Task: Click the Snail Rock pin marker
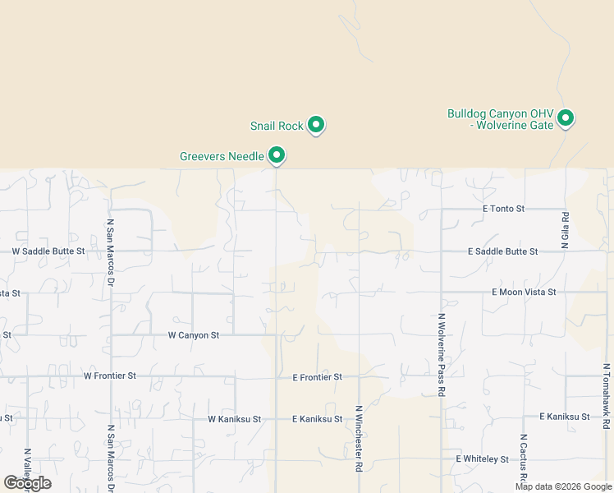[x=316, y=125]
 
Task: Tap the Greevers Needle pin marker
[x=277, y=154]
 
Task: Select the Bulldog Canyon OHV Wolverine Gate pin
[x=565, y=118]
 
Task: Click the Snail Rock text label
[x=277, y=127]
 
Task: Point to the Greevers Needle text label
[x=222, y=156]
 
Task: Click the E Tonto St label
[x=503, y=209]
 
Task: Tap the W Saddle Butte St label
[x=48, y=251]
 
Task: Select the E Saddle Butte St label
[x=502, y=251]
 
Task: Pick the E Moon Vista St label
[x=524, y=292]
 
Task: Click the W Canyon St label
[x=194, y=335]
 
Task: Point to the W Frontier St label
[x=109, y=376]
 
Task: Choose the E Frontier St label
[x=317, y=377]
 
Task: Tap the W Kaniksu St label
[x=234, y=419]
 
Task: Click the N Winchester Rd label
[x=359, y=437]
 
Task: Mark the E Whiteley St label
[x=483, y=458]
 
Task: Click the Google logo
[x=27, y=483]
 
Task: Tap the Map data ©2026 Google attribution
[x=563, y=486]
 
